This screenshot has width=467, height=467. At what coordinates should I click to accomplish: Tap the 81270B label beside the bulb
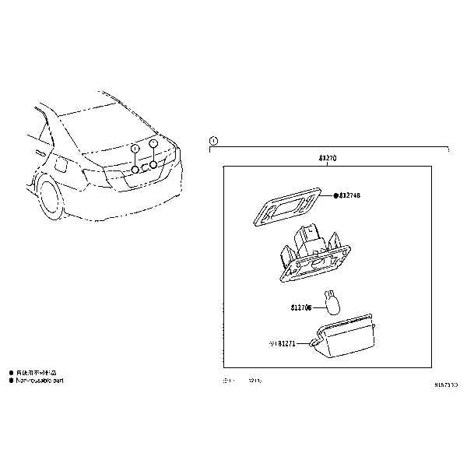[302, 307]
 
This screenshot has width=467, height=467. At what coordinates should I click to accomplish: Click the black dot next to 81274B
[335, 195]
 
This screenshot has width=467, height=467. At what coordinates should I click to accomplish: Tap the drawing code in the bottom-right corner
[446, 384]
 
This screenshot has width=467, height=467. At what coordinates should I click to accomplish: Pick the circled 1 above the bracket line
[214, 141]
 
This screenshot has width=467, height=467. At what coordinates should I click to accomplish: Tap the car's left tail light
[99, 173]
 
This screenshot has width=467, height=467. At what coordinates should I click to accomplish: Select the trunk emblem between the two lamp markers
[145, 168]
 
